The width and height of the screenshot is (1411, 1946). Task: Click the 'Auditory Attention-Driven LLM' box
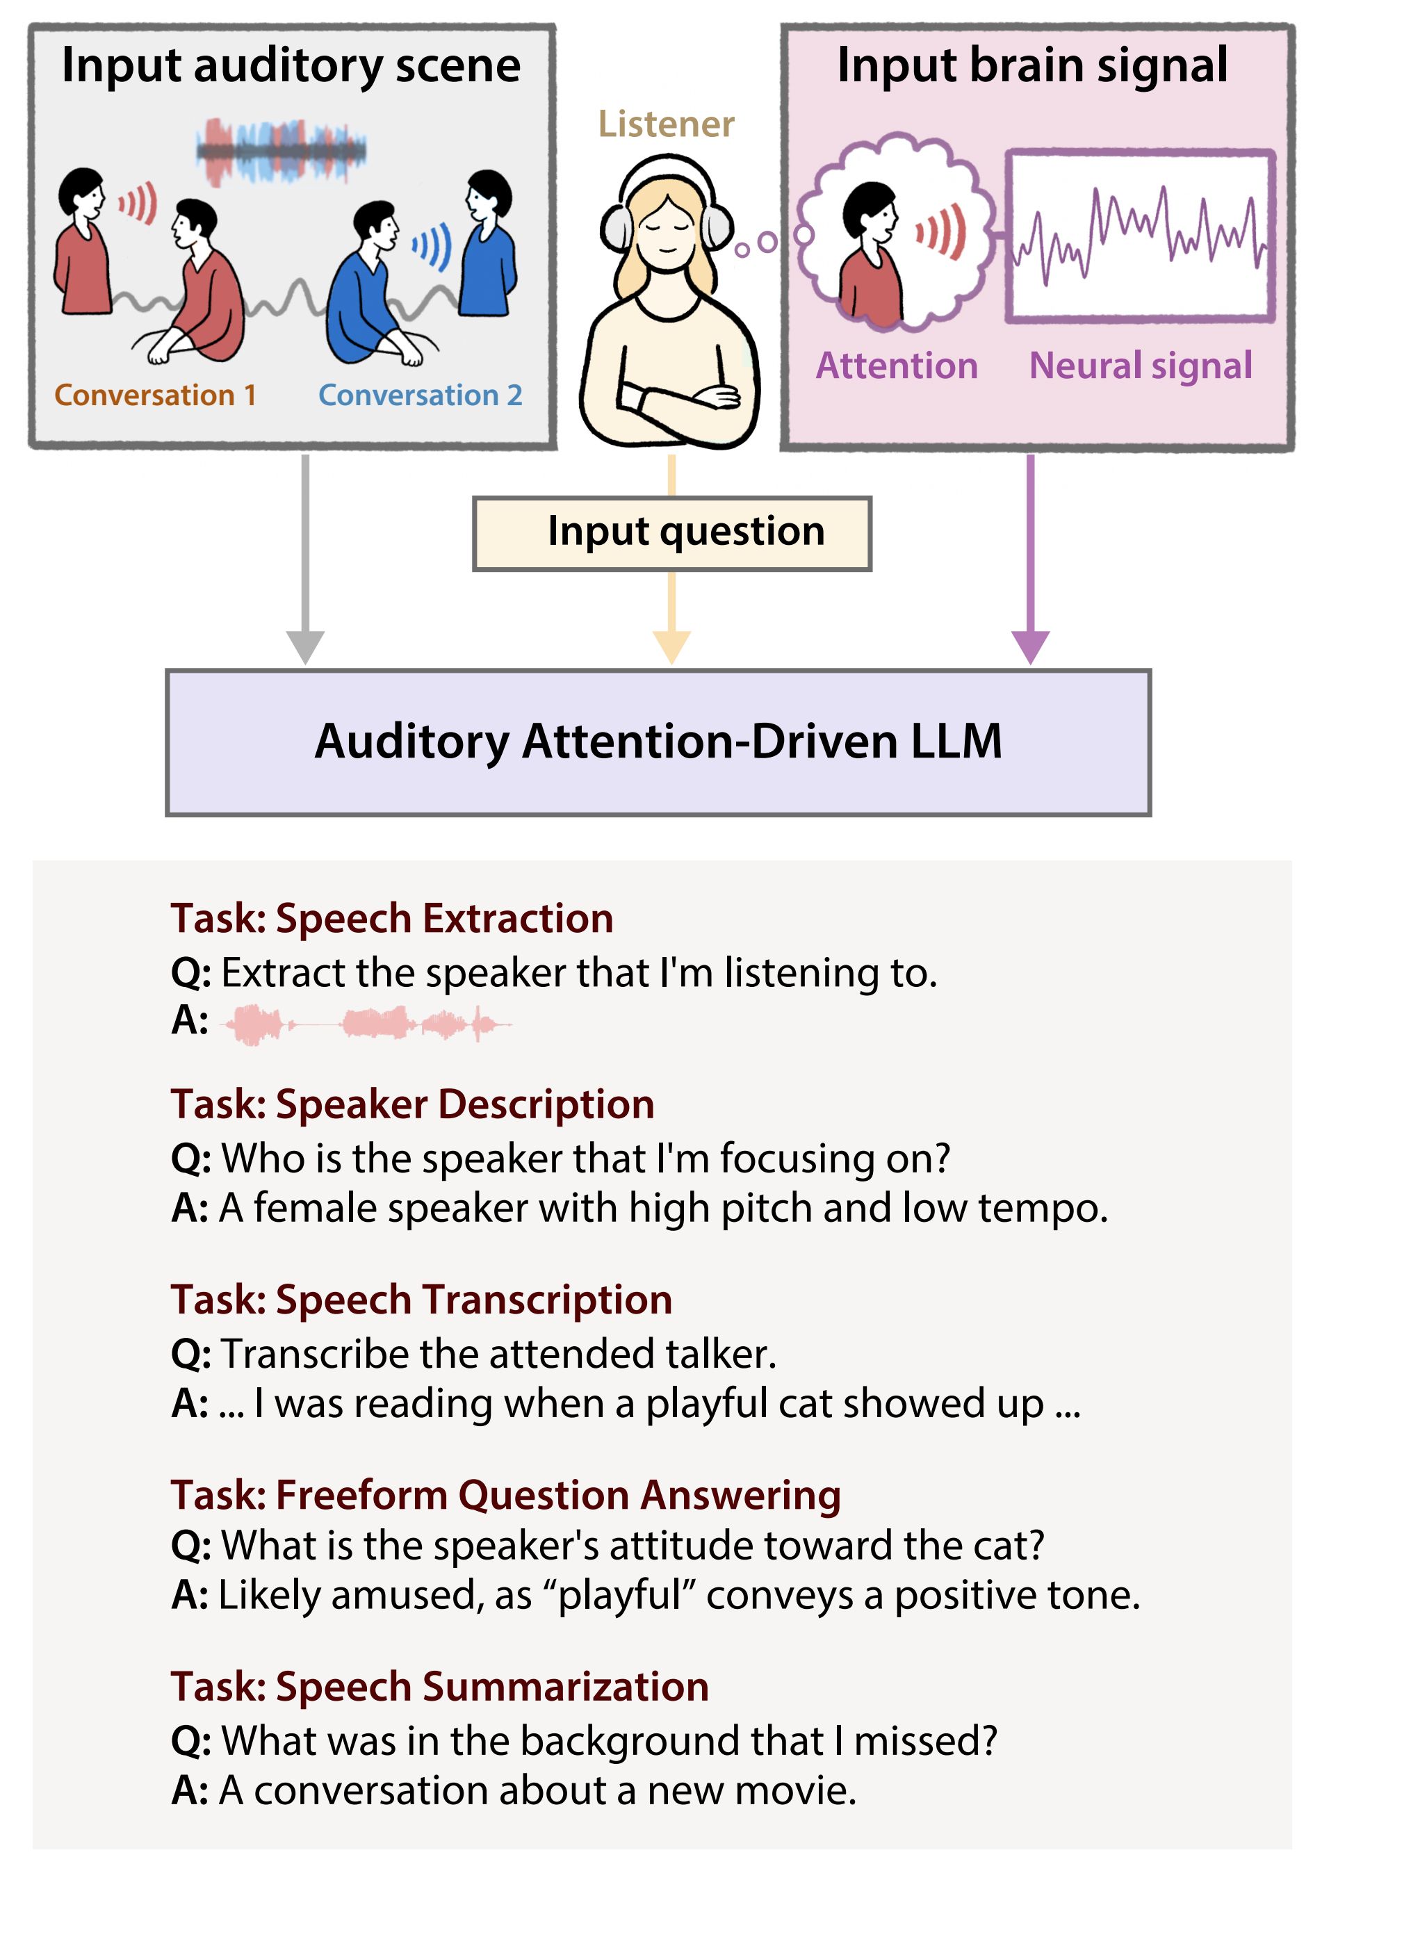pyautogui.click(x=658, y=743)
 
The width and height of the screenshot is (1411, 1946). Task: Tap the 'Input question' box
pyautogui.click(x=672, y=534)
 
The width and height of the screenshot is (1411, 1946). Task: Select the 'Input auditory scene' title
pyautogui.click(x=291, y=66)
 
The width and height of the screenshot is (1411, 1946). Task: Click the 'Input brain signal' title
pyautogui.click(x=1032, y=66)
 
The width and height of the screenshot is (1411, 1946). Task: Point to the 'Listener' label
pyautogui.click(x=666, y=124)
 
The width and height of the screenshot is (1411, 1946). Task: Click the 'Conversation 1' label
pyautogui.click(x=155, y=395)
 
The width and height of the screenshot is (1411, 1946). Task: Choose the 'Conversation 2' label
pyautogui.click(x=421, y=395)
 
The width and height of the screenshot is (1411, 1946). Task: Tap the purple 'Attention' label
pyautogui.click(x=897, y=366)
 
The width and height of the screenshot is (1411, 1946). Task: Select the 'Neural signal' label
pyautogui.click(x=1141, y=366)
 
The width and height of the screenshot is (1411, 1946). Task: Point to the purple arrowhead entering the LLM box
pyautogui.click(x=1030, y=646)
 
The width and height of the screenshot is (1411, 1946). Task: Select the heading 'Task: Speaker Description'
pyautogui.click(x=413, y=1104)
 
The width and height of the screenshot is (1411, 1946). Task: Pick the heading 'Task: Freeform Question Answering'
pyautogui.click(x=505, y=1496)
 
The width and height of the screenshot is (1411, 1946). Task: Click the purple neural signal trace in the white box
pyautogui.click(x=1140, y=236)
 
